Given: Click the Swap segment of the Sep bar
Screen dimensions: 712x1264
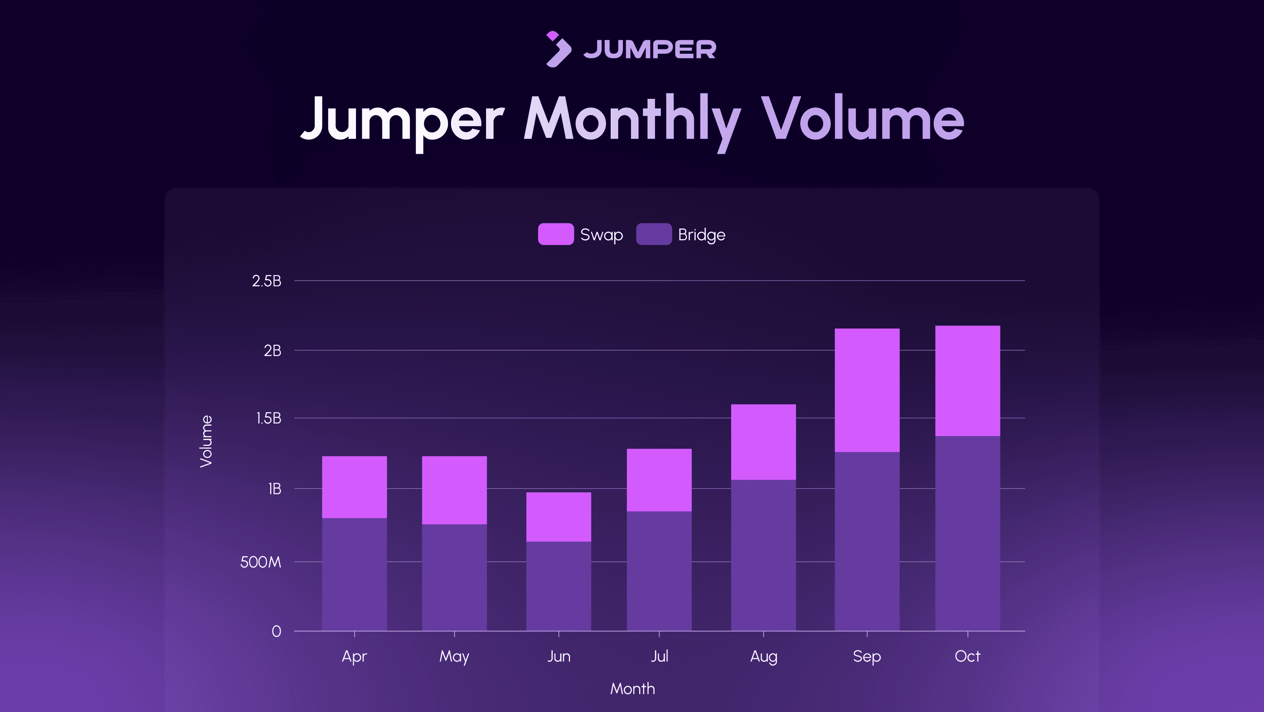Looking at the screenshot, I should pyautogui.click(x=867, y=390).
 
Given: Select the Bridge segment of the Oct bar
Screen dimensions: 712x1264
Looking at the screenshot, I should pyautogui.click(x=967, y=533).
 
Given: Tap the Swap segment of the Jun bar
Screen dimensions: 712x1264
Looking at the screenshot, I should pyautogui.click(x=559, y=517).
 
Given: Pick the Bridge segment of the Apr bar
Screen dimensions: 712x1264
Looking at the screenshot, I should pyautogui.click(x=354, y=574).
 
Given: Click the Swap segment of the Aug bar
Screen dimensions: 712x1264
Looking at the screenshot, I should pyautogui.click(x=763, y=442).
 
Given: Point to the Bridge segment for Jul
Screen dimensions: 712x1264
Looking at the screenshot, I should pyautogui.click(x=659, y=570).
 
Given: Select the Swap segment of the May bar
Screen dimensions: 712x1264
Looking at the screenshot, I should pyautogui.click(x=454, y=490).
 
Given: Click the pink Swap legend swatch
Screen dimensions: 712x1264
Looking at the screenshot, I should pyautogui.click(x=555, y=234).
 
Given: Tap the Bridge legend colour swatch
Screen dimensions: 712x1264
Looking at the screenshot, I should pyautogui.click(x=654, y=234).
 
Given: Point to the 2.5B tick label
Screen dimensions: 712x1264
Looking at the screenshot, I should pyautogui.click(x=267, y=281).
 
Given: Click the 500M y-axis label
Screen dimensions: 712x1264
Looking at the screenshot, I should pyautogui.click(x=261, y=562).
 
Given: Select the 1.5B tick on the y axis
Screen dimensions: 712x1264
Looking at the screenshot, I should pyautogui.click(x=269, y=418).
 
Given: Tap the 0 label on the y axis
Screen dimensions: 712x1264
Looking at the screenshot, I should pyautogui.click(x=276, y=631).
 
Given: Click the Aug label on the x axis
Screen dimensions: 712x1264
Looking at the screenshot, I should pyautogui.click(x=764, y=657).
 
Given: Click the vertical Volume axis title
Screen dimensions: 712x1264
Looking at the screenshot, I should pyautogui.click(x=207, y=441).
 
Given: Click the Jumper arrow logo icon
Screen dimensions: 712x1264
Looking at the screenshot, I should pyautogui.click(x=558, y=49).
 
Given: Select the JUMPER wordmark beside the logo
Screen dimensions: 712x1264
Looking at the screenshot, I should pyautogui.click(x=650, y=49).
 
